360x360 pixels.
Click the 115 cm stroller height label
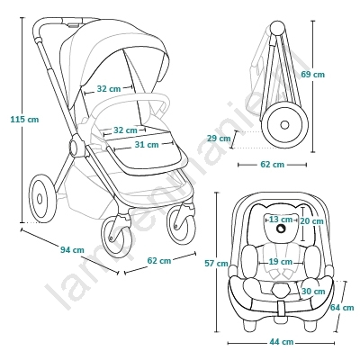click(24, 120)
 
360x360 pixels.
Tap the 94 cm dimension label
click(72, 249)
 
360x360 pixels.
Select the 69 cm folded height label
click(313, 74)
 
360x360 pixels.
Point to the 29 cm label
click(219, 139)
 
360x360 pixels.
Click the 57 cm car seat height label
click(216, 264)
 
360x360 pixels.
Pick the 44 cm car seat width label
click(282, 342)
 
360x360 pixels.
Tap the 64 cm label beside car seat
click(342, 308)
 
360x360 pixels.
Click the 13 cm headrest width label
click(281, 220)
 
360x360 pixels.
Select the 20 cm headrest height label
click(312, 221)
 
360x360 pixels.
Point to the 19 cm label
click(281, 262)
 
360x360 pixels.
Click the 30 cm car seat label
click(313, 292)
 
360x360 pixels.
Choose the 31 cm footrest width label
click(147, 144)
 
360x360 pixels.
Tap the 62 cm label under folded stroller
click(272, 165)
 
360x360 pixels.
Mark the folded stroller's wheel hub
click(284, 124)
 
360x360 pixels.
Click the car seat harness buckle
click(282, 290)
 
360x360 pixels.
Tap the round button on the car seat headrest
click(282, 229)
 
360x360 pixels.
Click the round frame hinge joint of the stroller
click(76, 146)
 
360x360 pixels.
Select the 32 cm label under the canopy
click(109, 89)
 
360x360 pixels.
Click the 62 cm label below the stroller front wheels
click(159, 261)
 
